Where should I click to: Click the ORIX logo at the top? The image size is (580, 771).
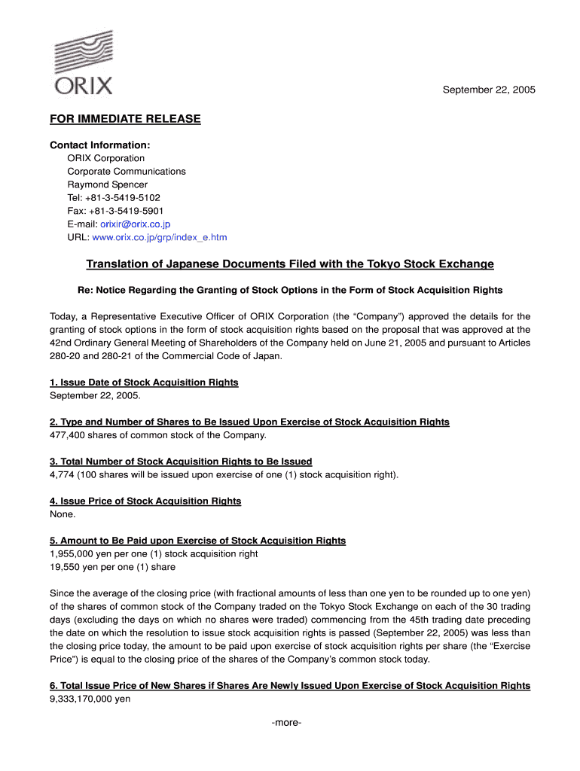click(x=84, y=63)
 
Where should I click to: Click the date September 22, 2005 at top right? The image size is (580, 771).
click(x=488, y=90)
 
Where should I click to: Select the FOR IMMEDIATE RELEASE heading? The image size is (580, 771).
click(x=125, y=119)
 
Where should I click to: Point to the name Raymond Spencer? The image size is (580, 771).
click(x=107, y=184)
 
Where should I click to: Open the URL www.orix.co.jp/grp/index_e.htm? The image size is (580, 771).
click(x=159, y=237)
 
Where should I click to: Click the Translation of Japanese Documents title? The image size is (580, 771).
click(x=290, y=264)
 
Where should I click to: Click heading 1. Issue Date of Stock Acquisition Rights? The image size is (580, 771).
click(x=144, y=382)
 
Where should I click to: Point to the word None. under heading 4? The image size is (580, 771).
click(x=63, y=514)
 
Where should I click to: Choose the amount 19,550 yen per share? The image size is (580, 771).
click(x=75, y=567)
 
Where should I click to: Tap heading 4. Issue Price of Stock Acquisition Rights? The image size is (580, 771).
click(x=145, y=501)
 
